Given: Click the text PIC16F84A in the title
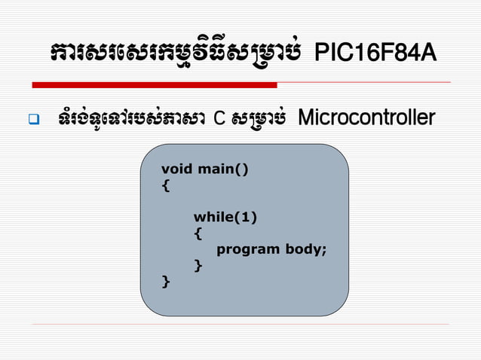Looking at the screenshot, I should (375, 53).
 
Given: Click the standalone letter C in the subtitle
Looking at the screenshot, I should (219, 119).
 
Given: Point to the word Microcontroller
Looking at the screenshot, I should (366, 118).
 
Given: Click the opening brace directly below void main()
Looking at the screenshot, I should (165, 184).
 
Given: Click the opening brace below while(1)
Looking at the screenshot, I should (198, 233).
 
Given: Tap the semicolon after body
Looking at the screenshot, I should (324, 250).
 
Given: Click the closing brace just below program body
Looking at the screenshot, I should (198, 265).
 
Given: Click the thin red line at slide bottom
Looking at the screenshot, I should (240, 325).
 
